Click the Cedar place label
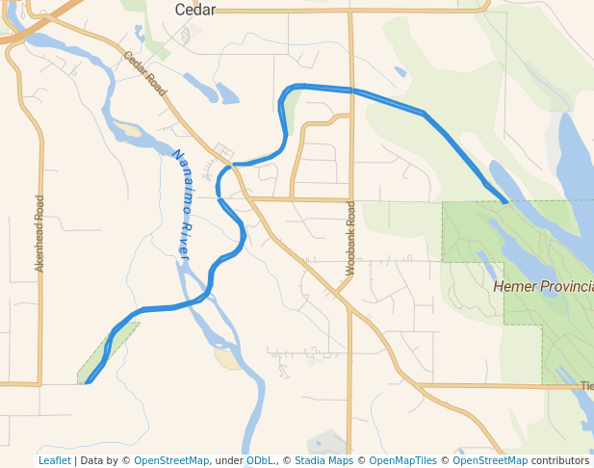(194, 10)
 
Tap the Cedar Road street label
(145, 73)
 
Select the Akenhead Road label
(39, 233)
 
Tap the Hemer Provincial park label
(543, 286)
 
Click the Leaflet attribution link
(55, 460)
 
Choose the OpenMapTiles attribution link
(400, 460)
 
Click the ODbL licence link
(261, 460)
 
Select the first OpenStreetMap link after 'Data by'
(171, 460)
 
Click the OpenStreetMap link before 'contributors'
(490, 460)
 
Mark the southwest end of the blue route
(88, 382)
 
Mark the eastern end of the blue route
(505, 201)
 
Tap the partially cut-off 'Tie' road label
(586, 386)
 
